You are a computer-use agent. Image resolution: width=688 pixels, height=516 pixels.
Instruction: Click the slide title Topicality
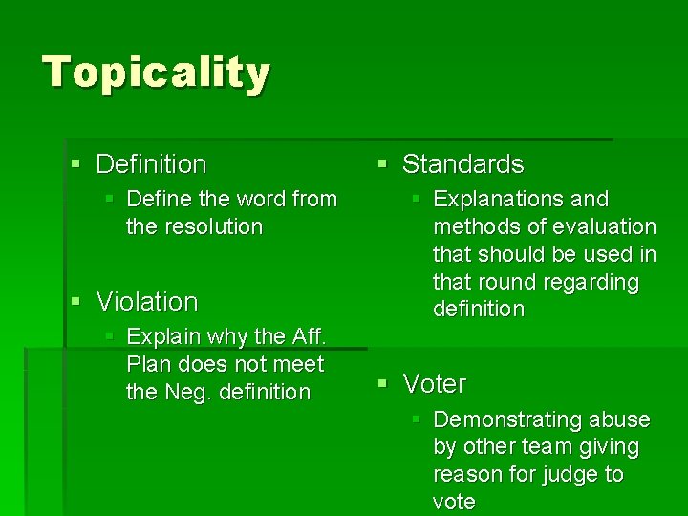pos(157,73)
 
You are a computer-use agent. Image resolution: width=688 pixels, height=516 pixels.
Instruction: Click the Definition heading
pos(151,164)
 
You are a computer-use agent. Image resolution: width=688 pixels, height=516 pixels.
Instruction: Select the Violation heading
pos(147,302)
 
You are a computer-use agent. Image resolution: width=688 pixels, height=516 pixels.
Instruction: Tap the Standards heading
pos(462,164)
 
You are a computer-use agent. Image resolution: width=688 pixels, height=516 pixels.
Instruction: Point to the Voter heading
pos(435,384)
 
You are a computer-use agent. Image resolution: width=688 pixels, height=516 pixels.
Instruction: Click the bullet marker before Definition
pos(76,164)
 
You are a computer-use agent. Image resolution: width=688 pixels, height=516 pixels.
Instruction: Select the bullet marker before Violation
pos(76,302)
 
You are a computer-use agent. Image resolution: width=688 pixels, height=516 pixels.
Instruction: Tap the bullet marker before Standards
pos(382,164)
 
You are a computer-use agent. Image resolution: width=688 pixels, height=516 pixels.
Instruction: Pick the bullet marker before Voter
pos(382,384)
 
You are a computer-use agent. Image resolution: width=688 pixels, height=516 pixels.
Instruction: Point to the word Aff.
pos(310,336)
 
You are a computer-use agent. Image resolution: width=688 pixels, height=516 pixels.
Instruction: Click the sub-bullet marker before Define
pos(110,200)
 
